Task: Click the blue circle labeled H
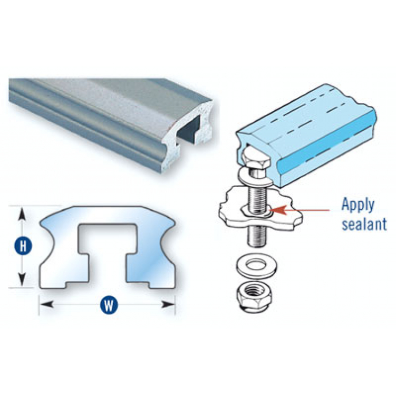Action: pos(23,246)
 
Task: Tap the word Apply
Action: pos(358,206)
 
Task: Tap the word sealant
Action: pos(364,224)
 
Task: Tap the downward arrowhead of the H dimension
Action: pos(22,279)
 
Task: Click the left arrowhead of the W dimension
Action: pos(47,304)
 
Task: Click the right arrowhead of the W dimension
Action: pos(168,304)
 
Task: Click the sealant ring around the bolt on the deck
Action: pos(256,211)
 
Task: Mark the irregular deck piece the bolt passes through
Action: pos(260,208)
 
